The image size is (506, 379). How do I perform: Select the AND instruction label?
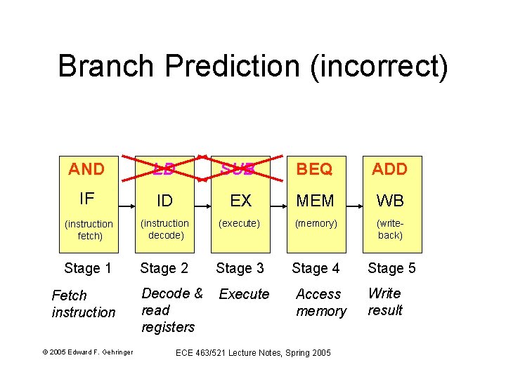(x=86, y=169)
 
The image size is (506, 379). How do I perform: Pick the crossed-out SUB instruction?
(x=240, y=169)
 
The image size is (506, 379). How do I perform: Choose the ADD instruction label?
(x=389, y=169)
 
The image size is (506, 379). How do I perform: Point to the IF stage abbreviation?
(x=87, y=199)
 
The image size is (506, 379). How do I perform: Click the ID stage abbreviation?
(x=164, y=201)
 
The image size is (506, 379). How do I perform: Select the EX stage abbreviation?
(x=240, y=201)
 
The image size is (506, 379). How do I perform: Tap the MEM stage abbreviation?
(x=316, y=201)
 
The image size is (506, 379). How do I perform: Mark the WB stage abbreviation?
(x=389, y=201)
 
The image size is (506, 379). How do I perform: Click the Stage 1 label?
(x=88, y=267)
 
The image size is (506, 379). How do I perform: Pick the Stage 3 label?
(x=240, y=267)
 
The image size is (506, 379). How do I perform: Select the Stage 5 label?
(x=391, y=267)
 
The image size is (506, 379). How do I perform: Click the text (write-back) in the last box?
(x=389, y=229)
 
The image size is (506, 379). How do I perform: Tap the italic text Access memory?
(x=320, y=302)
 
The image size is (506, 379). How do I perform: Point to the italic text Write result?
(x=384, y=302)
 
